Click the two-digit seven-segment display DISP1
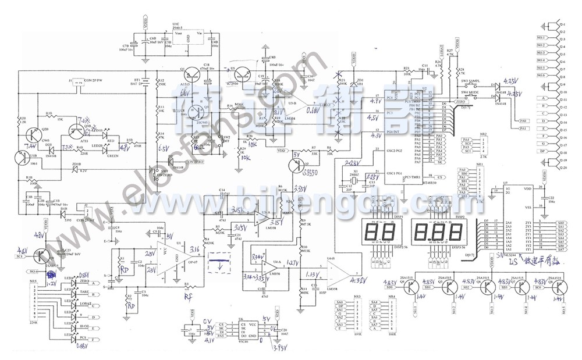tap(374, 233)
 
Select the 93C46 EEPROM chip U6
tap(237, 330)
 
